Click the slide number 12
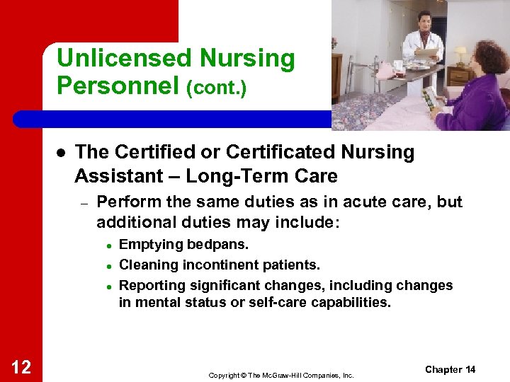[21, 366]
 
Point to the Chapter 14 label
[450, 370]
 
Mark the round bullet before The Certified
[62, 153]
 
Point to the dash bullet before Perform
[83, 203]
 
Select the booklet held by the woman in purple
[429, 97]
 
